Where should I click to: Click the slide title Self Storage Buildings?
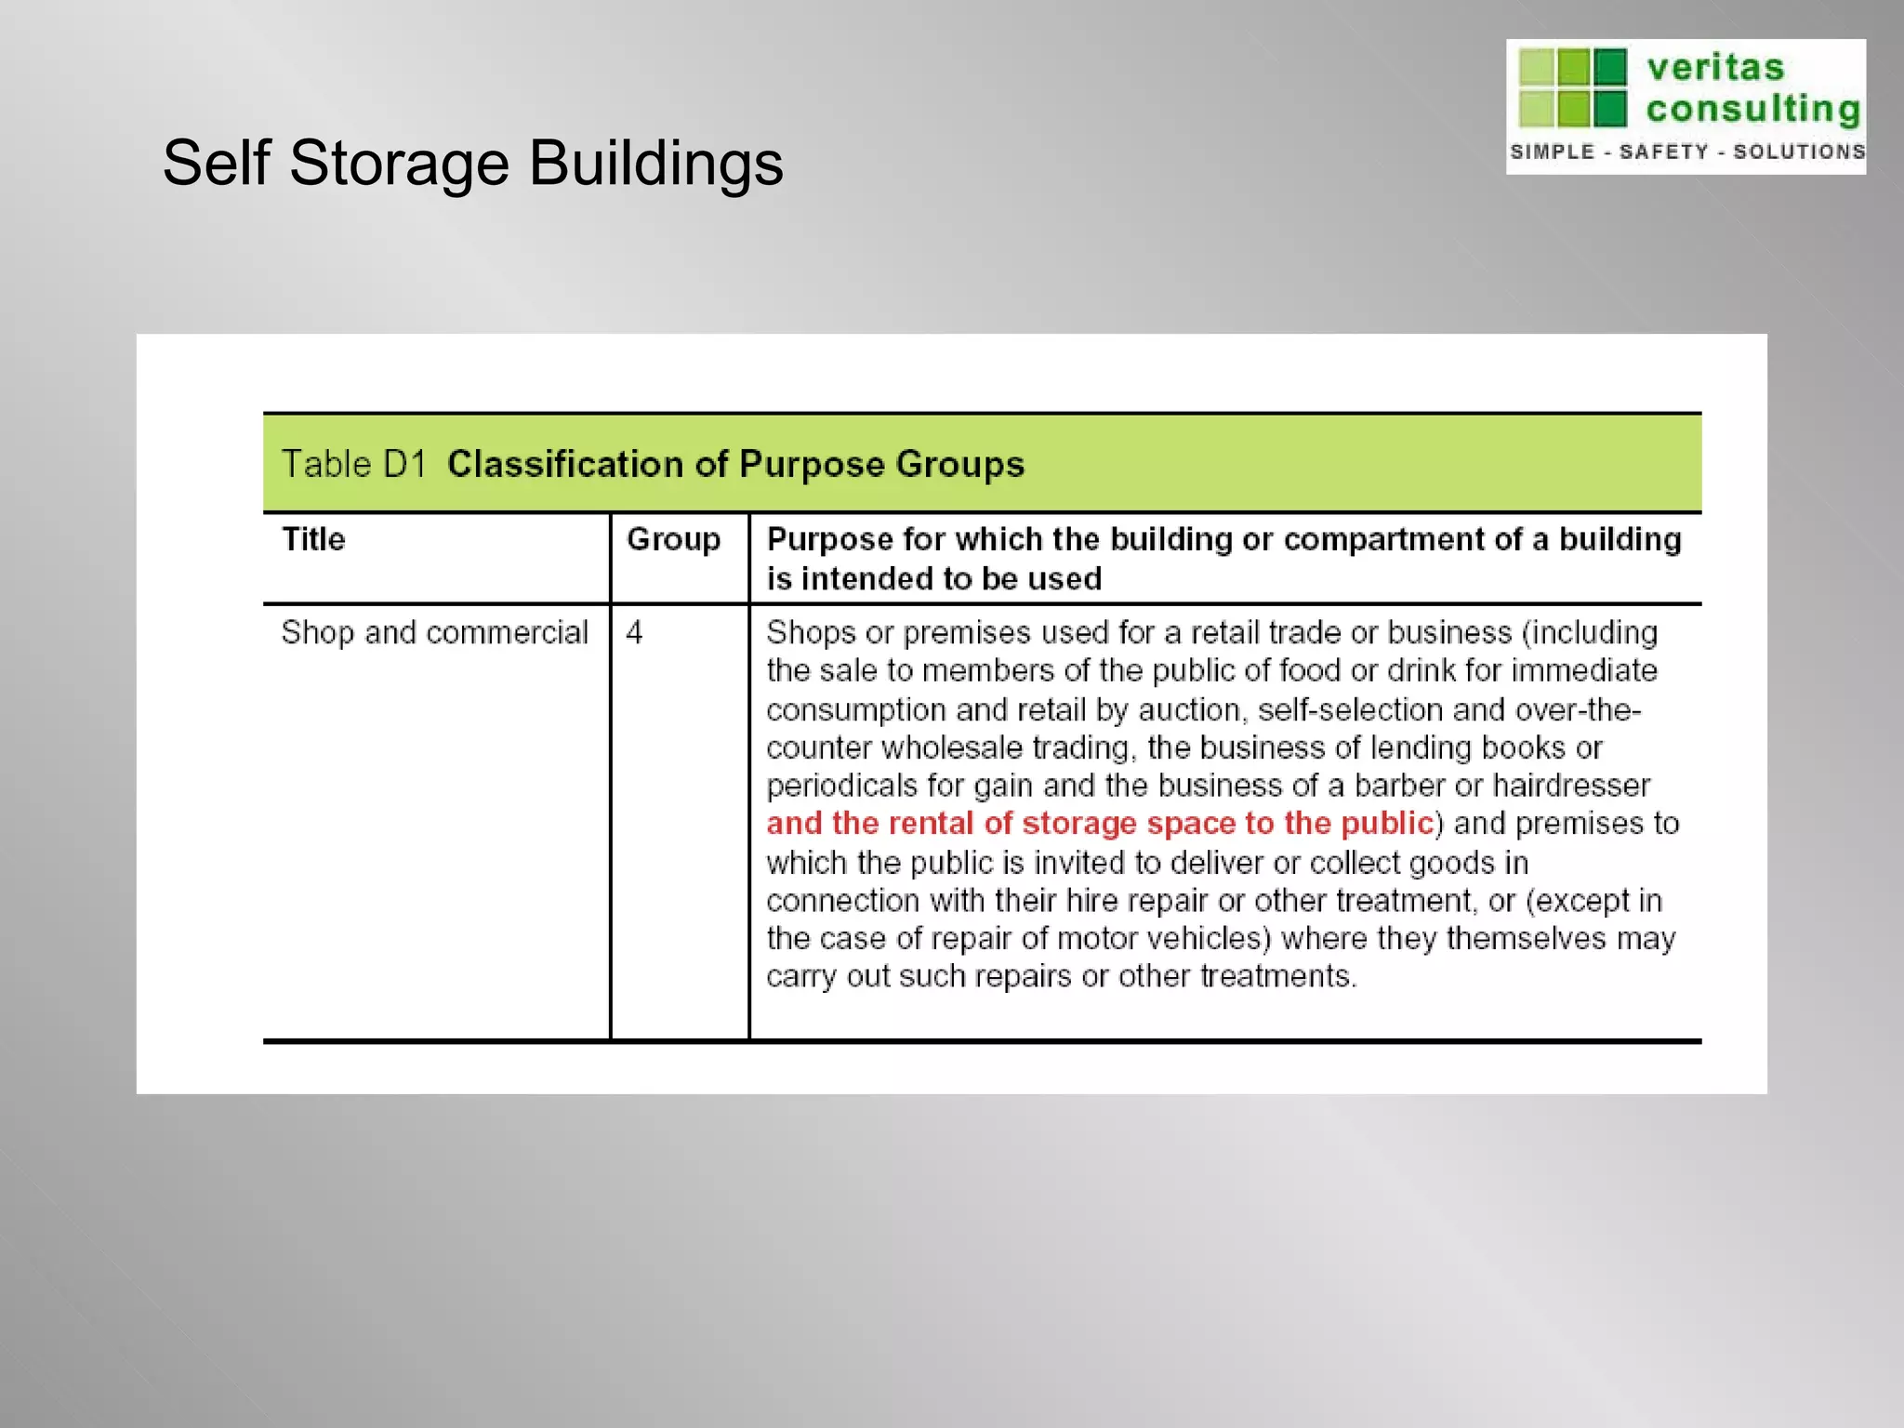[472, 164]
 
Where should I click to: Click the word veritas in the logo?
[1715, 68]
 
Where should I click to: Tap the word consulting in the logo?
[1752, 110]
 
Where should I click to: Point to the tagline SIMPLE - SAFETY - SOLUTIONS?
[1686, 152]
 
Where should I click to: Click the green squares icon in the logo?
[1572, 87]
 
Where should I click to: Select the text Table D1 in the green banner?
[353, 464]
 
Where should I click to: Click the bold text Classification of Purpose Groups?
[735, 464]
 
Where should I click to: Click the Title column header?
[313, 539]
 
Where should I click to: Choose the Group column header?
[673, 539]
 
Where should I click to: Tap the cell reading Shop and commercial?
[434, 633]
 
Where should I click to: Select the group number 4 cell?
[634, 633]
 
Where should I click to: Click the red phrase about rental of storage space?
[1099, 824]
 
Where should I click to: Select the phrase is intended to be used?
[933, 579]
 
